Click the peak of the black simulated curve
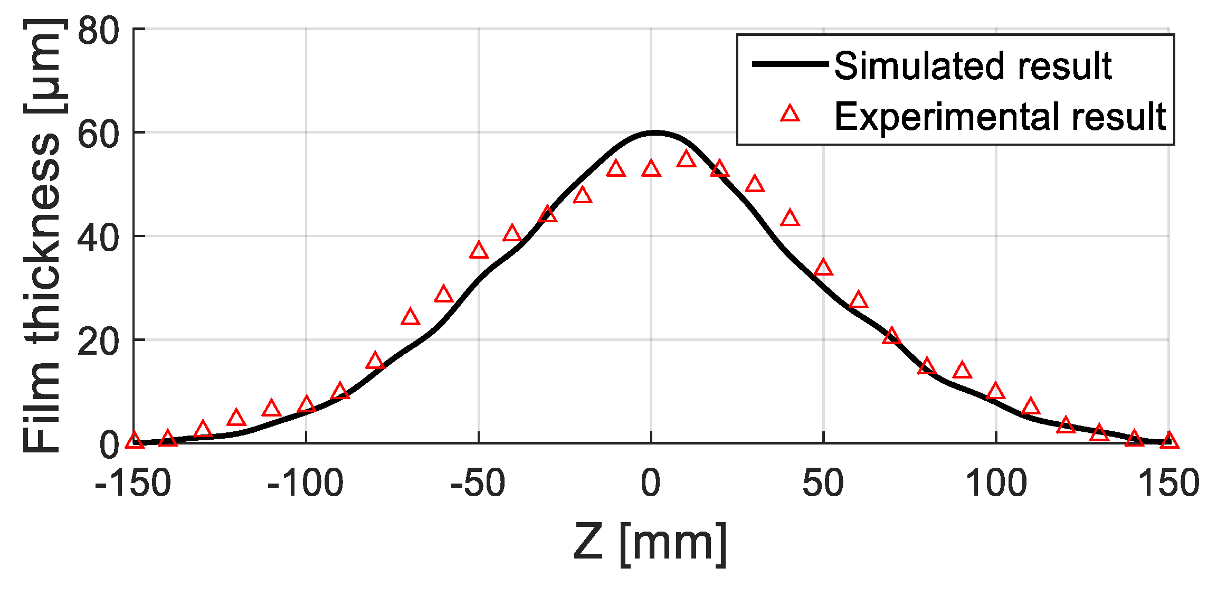(654, 133)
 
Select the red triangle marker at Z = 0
(651, 169)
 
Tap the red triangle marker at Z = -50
(479, 251)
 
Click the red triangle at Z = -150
(134, 440)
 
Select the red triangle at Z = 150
(1170, 440)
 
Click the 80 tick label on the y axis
(99, 31)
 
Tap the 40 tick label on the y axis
(99, 238)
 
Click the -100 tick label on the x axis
(306, 484)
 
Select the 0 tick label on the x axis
(651, 484)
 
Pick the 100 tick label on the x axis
(996, 484)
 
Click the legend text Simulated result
(973, 67)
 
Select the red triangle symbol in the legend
(790, 114)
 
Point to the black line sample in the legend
(790, 64)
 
